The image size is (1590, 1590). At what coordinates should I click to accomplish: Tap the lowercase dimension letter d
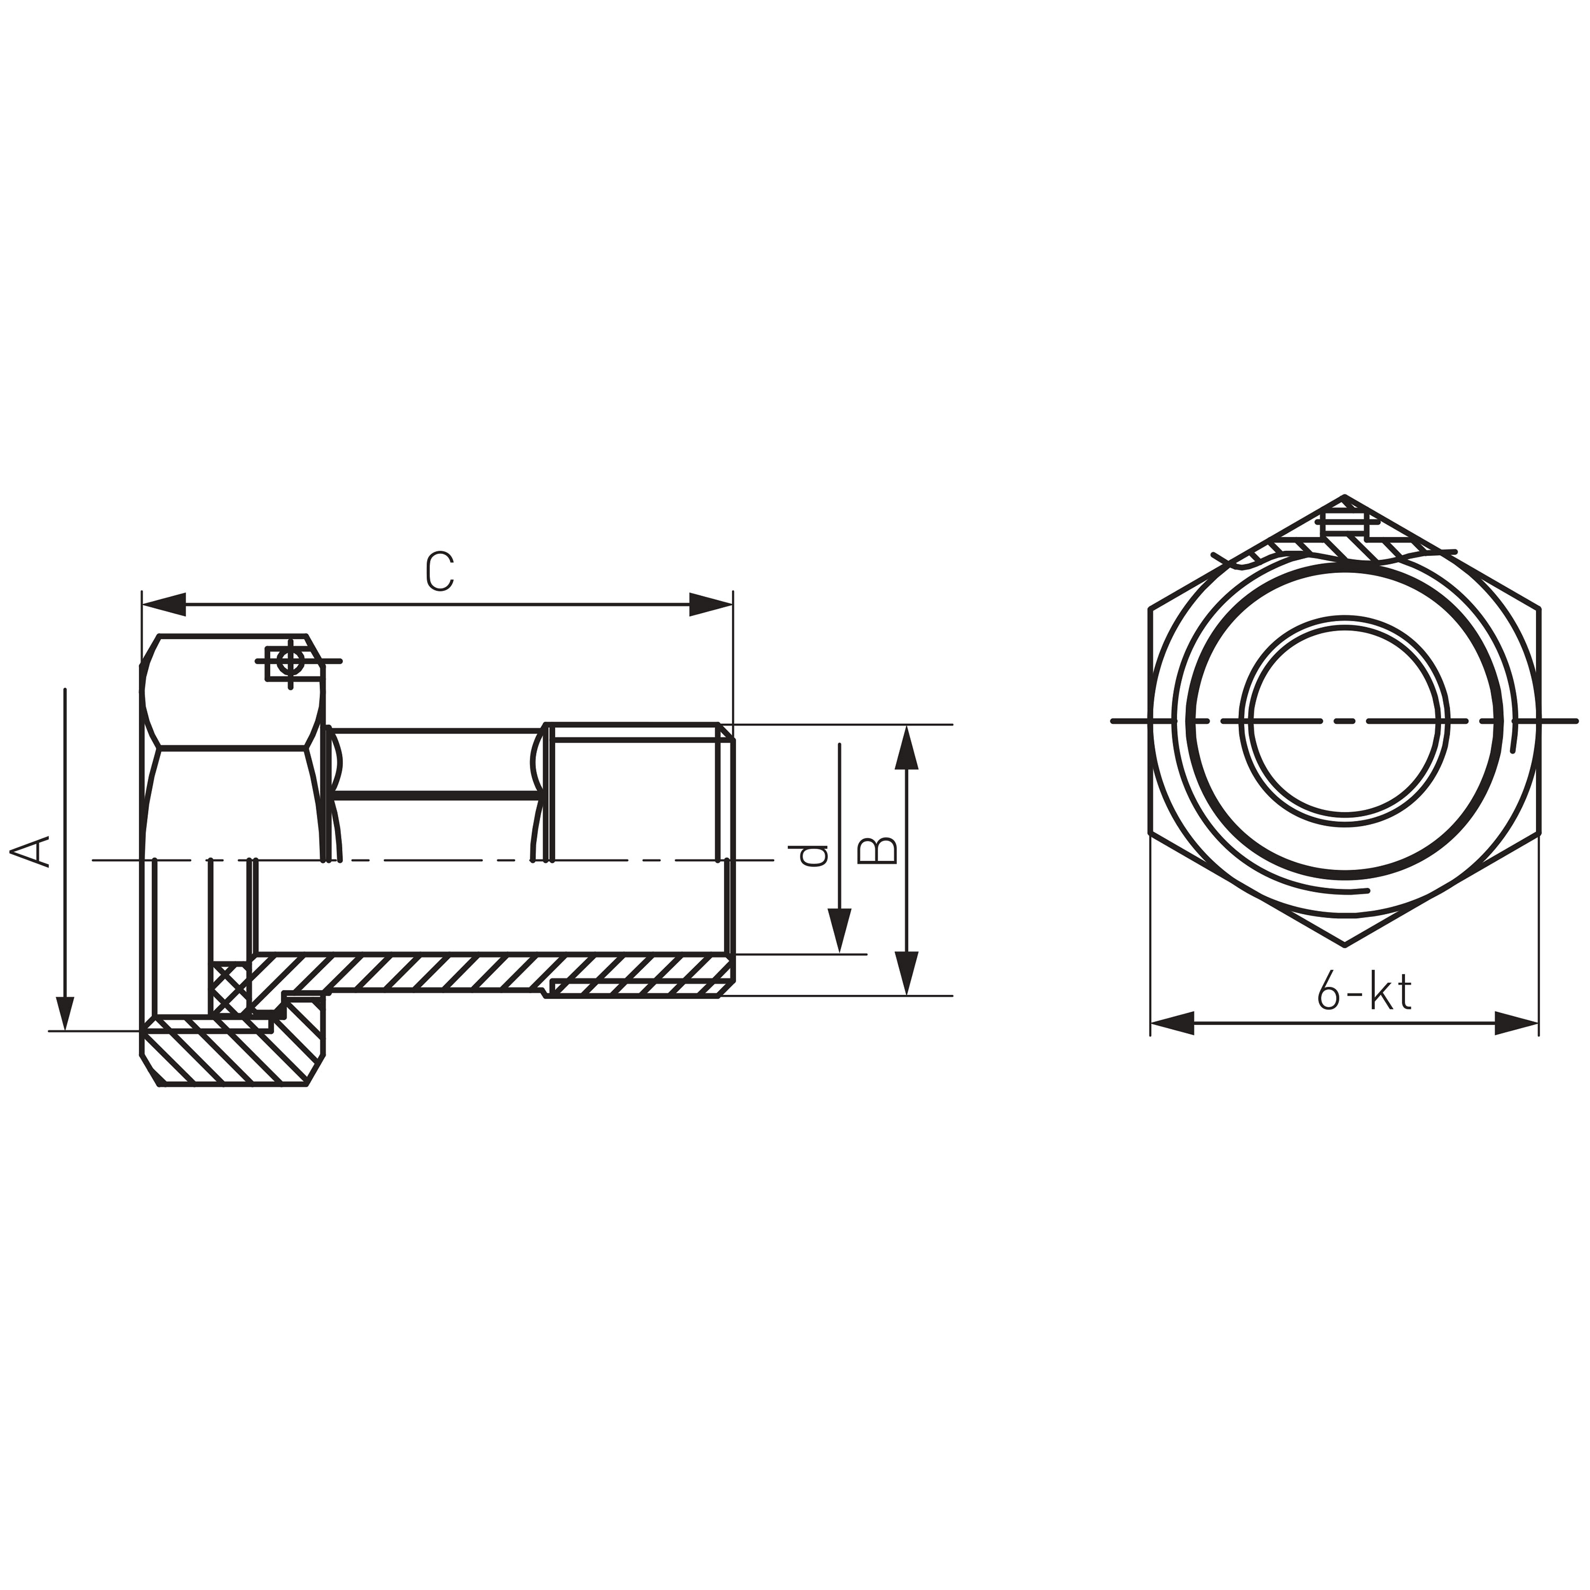(813, 856)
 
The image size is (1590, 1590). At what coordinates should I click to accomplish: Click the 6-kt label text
(1364, 991)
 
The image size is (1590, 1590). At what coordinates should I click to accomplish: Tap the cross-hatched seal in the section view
(231, 987)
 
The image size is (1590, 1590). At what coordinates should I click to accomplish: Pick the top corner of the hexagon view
(1344, 497)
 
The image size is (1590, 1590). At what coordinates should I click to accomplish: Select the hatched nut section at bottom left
(231, 1057)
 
